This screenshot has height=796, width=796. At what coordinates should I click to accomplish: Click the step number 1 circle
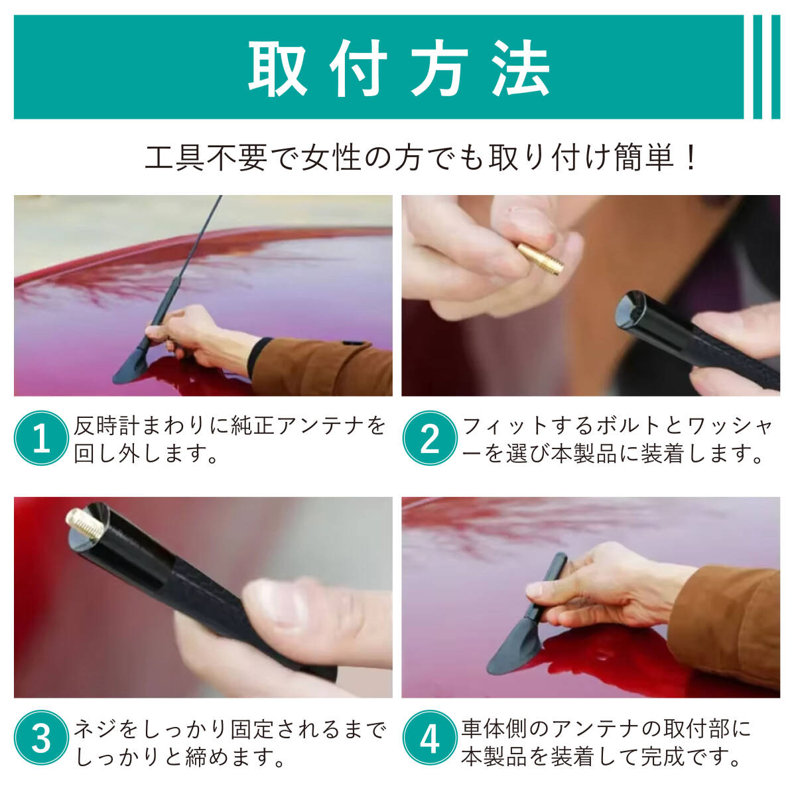pyautogui.click(x=41, y=438)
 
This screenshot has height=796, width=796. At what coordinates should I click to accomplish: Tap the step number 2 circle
pyautogui.click(x=430, y=438)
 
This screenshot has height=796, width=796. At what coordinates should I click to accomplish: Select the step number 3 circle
pyautogui.click(x=41, y=738)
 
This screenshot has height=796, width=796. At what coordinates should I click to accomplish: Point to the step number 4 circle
pyautogui.click(x=430, y=738)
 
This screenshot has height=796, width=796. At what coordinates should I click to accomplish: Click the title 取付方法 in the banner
pyautogui.click(x=399, y=68)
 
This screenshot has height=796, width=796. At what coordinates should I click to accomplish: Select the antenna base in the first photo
pyautogui.click(x=131, y=365)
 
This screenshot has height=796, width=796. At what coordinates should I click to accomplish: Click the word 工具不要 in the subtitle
pyautogui.click(x=206, y=158)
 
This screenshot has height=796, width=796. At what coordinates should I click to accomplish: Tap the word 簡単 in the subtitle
pyautogui.click(x=644, y=158)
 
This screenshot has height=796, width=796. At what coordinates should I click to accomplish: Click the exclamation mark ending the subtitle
pyautogui.click(x=691, y=158)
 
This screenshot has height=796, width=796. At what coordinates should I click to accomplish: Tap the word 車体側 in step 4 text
pyautogui.click(x=495, y=729)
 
